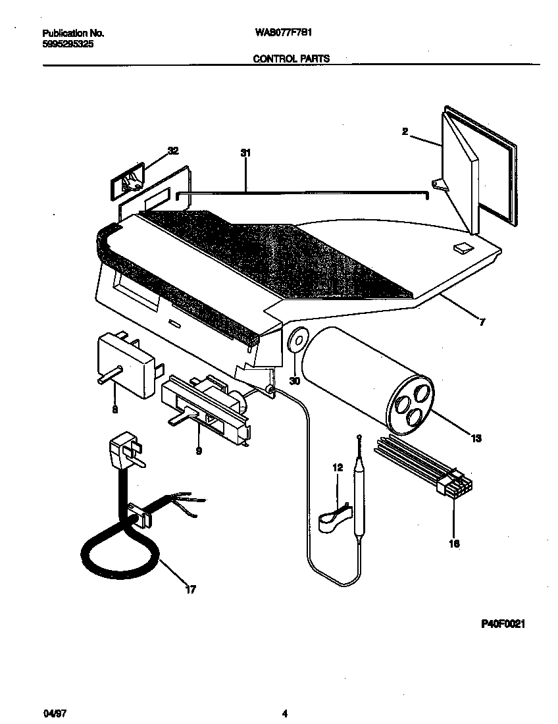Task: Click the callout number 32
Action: point(173,151)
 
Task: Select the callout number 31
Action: point(245,153)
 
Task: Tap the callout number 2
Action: point(405,132)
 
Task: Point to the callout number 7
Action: point(483,322)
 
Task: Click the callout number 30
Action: point(295,381)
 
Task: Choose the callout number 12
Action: point(338,467)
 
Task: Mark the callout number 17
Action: point(190,590)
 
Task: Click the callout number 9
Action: point(198,452)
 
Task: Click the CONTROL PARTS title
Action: point(292,58)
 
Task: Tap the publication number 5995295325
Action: point(65,43)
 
